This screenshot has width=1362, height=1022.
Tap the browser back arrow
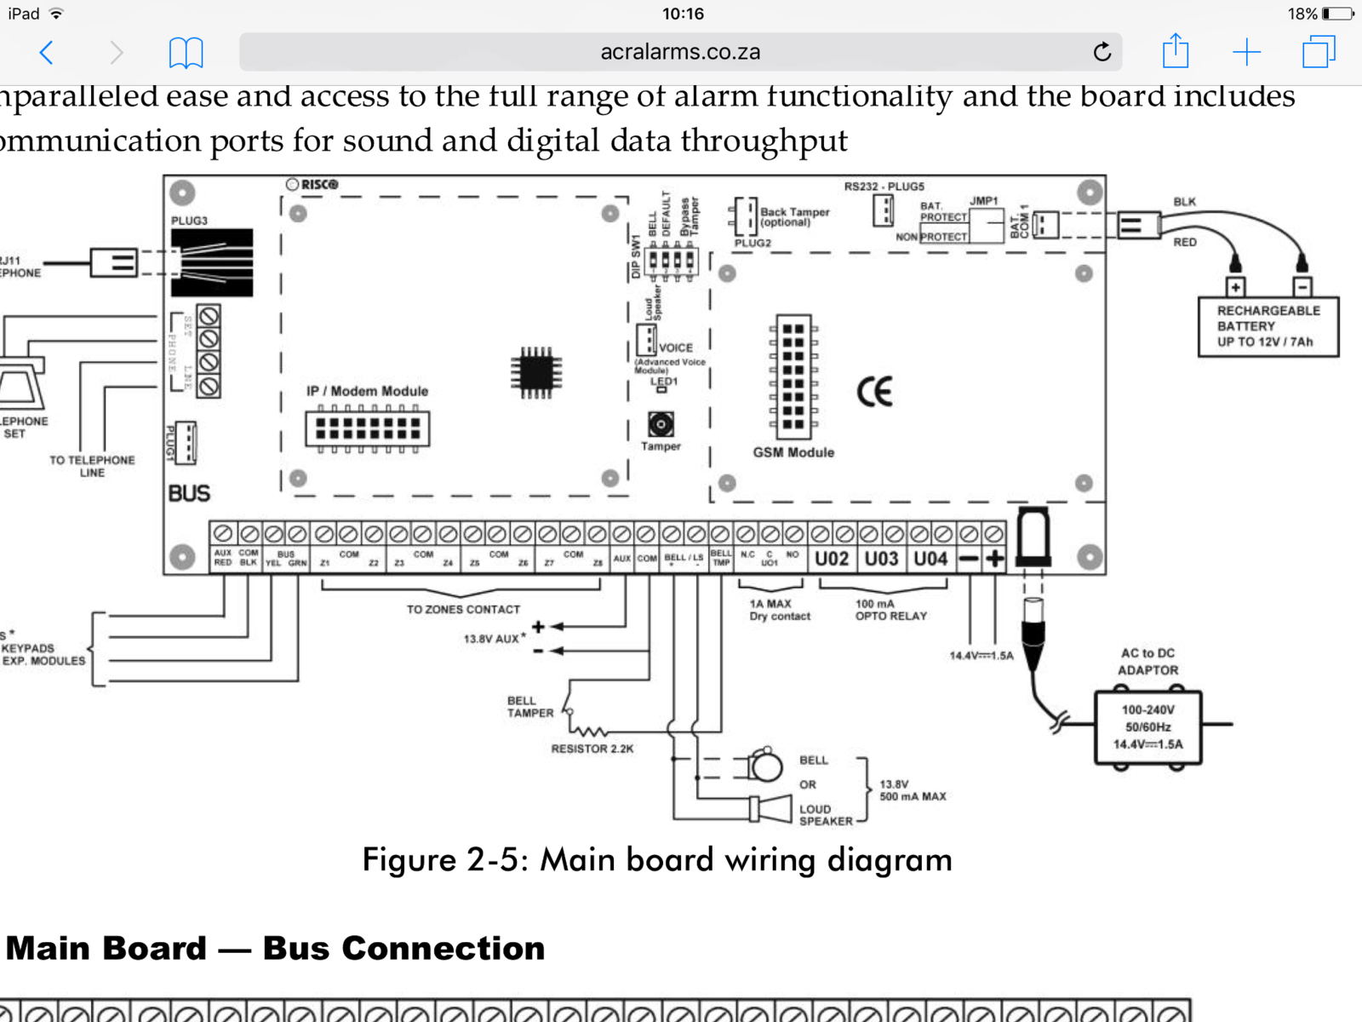click(47, 53)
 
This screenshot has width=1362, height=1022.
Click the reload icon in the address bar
click(1102, 53)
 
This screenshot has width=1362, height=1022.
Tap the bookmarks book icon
click(186, 53)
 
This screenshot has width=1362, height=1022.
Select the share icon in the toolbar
click(1176, 51)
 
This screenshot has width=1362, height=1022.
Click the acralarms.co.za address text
click(680, 52)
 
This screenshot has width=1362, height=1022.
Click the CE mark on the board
click(874, 392)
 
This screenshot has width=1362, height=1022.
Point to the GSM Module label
click(793, 452)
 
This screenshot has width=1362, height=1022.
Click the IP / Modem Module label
click(368, 391)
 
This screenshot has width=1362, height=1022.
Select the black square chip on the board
click(536, 372)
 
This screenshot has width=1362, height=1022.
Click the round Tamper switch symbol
click(661, 423)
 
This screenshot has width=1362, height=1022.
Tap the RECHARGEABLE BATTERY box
click(1268, 326)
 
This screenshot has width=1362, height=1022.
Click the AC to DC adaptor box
click(1147, 727)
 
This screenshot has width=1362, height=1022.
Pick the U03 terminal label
click(881, 559)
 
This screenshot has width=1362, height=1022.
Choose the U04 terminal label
click(930, 559)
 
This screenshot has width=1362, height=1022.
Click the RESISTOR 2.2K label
click(592, 749)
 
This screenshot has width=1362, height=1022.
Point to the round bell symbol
click(766, 766)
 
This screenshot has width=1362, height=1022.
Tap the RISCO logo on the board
click(313, 185)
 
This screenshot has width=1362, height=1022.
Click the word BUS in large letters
click(189, 494)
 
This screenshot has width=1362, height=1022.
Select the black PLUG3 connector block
click(212, 262)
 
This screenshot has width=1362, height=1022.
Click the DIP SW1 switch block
click(672, 261)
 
